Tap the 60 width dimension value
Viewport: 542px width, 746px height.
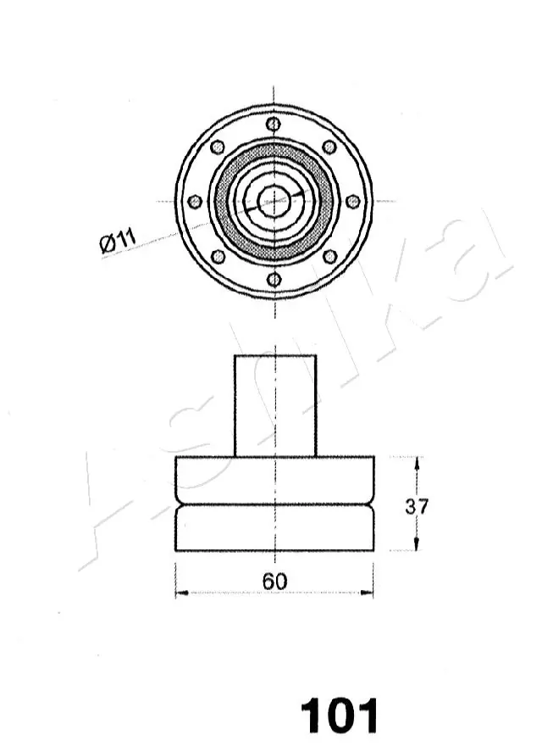coord(274,582)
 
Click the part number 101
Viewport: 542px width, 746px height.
coord(338,716)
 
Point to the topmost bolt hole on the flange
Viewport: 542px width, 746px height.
coord(273,124)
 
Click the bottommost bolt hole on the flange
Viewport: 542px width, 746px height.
coord(273,279)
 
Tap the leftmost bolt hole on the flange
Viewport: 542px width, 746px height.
coord(195,202)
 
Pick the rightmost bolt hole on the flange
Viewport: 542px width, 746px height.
coord(352,202)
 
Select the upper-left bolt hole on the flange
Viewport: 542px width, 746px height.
coord(218,147)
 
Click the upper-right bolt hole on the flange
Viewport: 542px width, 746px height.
coord(329,147)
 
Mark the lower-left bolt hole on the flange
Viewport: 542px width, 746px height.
coord(218,256)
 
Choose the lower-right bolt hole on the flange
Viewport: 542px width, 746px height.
coord(329,256)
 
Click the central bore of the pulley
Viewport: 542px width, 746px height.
coord(274,201)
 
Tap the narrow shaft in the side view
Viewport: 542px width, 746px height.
coord(275,405)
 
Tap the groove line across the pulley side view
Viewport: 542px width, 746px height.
coord(274,505)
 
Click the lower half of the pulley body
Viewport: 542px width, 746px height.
coord(274,529)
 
